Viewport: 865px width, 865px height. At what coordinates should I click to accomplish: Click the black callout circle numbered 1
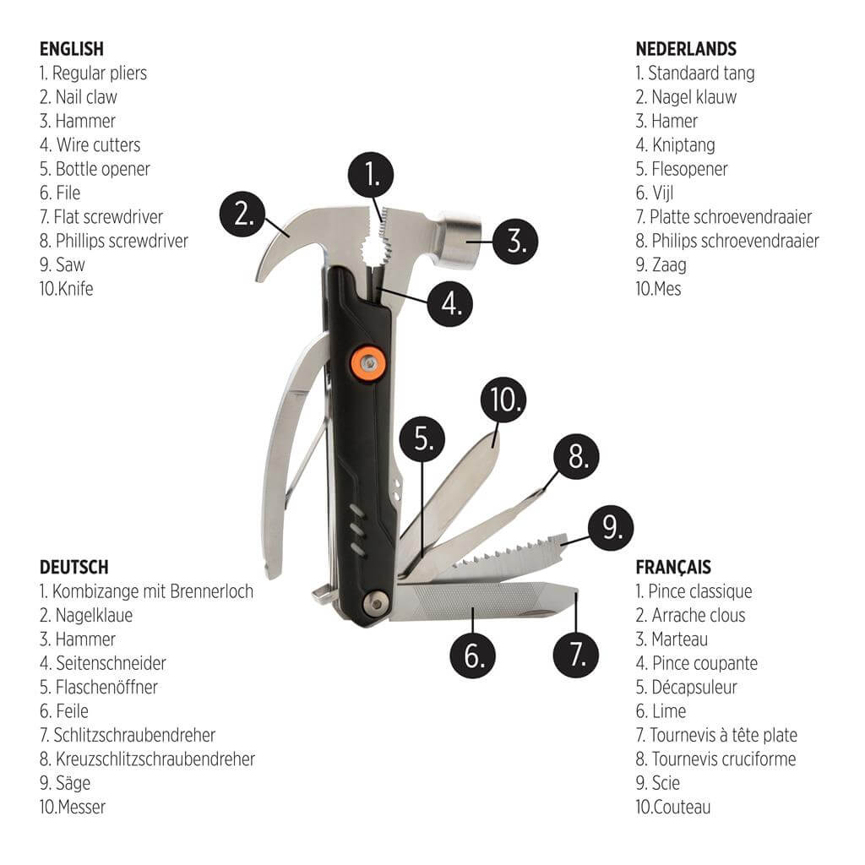click(371, 175)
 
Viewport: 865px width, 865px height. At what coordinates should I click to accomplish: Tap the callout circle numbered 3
click(515, 241)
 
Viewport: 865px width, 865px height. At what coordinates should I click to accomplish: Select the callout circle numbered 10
click(503, 400)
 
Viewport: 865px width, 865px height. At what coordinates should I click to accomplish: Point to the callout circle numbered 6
click(473, 656)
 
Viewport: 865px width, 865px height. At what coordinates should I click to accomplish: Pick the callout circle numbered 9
click(611, 528)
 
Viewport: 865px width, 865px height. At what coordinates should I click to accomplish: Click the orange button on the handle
click(368, 363)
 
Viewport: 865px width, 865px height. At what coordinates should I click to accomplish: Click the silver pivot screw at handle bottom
click(377, 603)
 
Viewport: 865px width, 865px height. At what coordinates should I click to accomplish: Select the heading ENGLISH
click(72, 48)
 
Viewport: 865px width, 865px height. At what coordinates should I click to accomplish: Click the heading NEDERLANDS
click(686, 48)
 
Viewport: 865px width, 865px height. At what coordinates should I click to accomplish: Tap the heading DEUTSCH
click(74, 567)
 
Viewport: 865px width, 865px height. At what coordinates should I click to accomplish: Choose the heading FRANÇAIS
click(673, 567)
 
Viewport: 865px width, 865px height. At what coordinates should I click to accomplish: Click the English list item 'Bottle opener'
click(102, 169)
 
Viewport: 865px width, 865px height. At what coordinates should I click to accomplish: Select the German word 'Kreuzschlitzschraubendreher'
click(155, 759)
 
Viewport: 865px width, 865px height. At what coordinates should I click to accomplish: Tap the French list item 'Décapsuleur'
click(694, 688)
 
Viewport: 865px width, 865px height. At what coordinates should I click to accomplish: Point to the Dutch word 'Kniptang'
click(683, 145)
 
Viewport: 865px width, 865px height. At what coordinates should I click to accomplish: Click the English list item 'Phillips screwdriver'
click(122, 241)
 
